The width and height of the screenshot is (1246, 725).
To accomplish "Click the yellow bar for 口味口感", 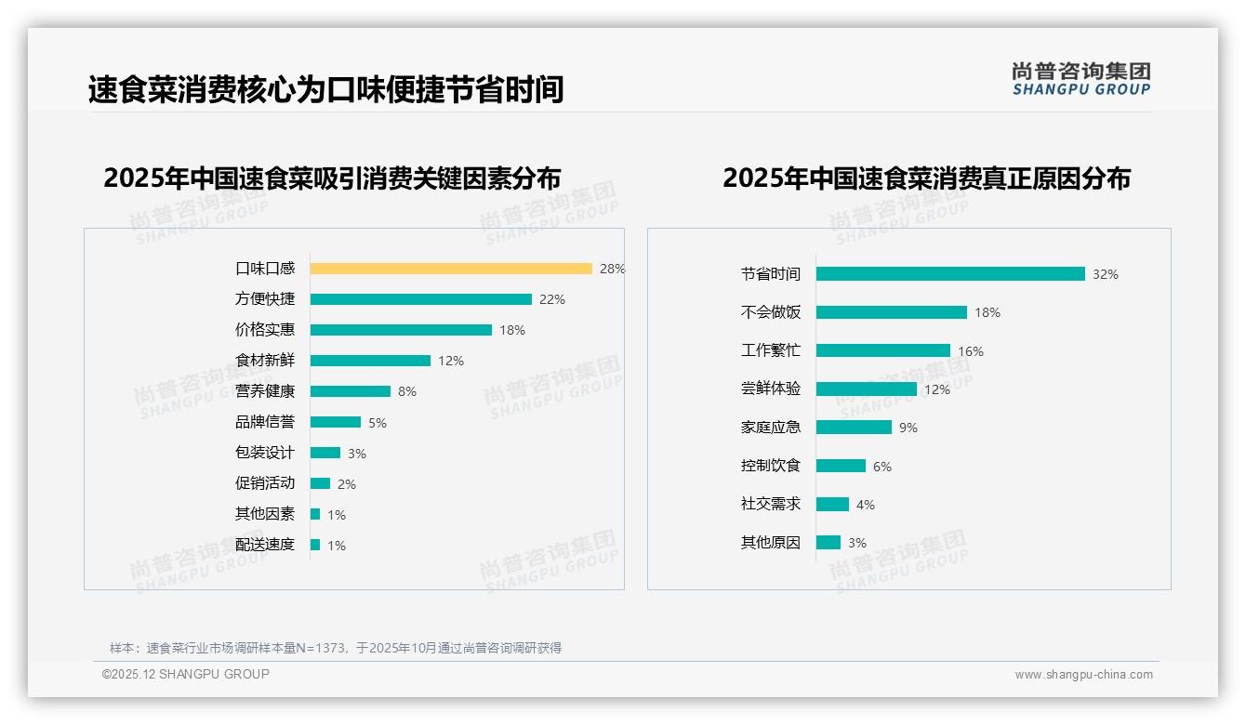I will coord(451,269).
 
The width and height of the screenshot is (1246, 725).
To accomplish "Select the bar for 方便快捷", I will coord(420,299).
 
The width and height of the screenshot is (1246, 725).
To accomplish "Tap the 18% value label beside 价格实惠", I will coord(512,330).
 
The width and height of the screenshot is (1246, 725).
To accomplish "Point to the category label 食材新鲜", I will coord(265,361).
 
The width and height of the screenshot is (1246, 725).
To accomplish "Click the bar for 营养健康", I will coord(351,391).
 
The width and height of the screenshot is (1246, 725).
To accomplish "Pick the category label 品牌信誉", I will coord(265,422).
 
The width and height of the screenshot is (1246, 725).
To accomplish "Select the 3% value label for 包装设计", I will coord(357,454).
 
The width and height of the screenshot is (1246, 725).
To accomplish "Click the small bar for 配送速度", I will coord(315,545).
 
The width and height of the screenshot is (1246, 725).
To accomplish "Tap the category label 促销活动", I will coord(265,483).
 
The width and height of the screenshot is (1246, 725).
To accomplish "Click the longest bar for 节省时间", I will coord(950,274).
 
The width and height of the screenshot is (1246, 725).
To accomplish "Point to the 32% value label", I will coord(1106,274).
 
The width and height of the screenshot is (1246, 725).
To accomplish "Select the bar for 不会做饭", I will coord(892,312).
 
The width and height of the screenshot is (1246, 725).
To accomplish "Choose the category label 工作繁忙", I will coord(770,350).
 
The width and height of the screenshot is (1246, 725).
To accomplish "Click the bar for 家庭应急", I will coord(854,428).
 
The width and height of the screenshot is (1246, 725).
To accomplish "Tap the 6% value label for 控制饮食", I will coord(882,467).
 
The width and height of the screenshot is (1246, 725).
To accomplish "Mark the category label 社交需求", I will coord(770,504).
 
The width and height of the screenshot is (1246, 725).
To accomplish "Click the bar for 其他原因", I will coord(828,542).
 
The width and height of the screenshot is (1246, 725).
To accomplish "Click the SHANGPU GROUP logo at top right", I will coord(1080,79).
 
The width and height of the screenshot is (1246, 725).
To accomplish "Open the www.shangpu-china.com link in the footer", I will coord(1083,675).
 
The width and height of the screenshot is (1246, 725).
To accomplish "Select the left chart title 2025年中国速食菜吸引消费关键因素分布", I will coord(332,178).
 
